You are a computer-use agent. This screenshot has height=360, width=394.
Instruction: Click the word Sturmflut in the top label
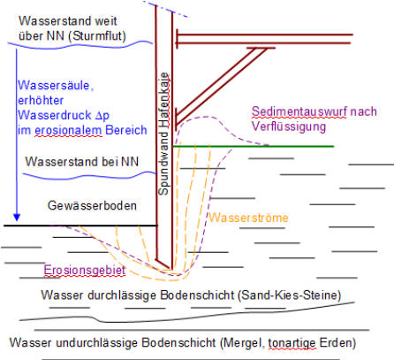[99, 36]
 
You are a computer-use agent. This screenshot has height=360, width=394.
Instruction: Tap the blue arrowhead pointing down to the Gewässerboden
[17, 217]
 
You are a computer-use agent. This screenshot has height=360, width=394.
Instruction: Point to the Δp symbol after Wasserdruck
[102, 116]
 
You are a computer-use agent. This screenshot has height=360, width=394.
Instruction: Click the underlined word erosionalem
[68, 130]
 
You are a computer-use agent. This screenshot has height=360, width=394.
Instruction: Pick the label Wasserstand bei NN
[82, 162]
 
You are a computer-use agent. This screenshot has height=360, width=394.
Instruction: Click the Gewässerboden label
[92, 205]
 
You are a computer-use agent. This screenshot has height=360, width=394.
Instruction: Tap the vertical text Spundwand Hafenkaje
[163, 134]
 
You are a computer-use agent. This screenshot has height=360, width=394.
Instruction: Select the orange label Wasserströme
[248, 218]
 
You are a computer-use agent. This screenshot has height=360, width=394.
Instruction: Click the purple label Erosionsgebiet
[85, 270]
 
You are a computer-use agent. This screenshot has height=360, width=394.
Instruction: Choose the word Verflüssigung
[289, 126]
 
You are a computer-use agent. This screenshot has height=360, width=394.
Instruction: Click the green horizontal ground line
[254, 146]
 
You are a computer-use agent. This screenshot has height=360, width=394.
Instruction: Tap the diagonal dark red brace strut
[220, 86]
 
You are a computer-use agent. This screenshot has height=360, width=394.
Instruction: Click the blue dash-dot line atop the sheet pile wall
[165, 9]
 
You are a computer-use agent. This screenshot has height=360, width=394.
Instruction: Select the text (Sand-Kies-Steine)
[290, 295]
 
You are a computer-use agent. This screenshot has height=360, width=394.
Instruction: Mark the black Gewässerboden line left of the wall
[81, 226]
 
